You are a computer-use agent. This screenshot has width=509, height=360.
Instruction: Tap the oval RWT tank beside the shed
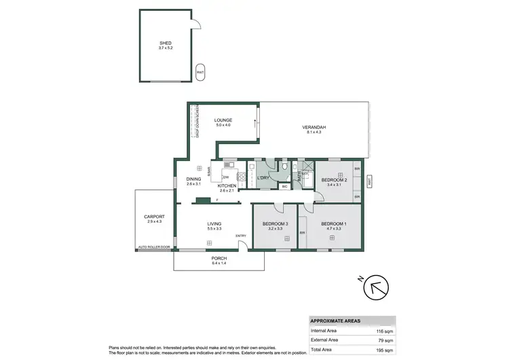[200, 72]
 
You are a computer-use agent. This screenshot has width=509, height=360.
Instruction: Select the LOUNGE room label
[223, 120]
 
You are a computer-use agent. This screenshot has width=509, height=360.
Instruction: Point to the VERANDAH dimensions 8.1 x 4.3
[314, 132]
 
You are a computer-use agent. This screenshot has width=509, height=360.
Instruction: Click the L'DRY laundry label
[264, 178]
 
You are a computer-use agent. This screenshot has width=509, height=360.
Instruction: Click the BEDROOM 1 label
[333, 223]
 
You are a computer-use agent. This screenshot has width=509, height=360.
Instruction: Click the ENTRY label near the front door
[241, 236]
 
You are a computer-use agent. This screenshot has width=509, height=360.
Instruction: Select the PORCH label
[219, 259]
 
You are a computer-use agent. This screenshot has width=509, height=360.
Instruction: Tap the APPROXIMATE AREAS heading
[335, 321]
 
